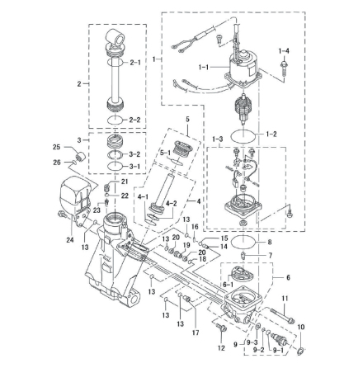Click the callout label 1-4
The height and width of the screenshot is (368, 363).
click(284, 51)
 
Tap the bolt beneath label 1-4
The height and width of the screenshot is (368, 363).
click(283, 68)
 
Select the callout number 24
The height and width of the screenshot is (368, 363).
click(69, 240)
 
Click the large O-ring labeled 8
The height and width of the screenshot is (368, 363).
click(244, 242)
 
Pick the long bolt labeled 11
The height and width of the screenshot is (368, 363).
click(282, 315)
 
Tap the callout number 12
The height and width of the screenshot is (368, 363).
click(221, 348)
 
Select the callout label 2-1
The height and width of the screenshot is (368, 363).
click(135, 63)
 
